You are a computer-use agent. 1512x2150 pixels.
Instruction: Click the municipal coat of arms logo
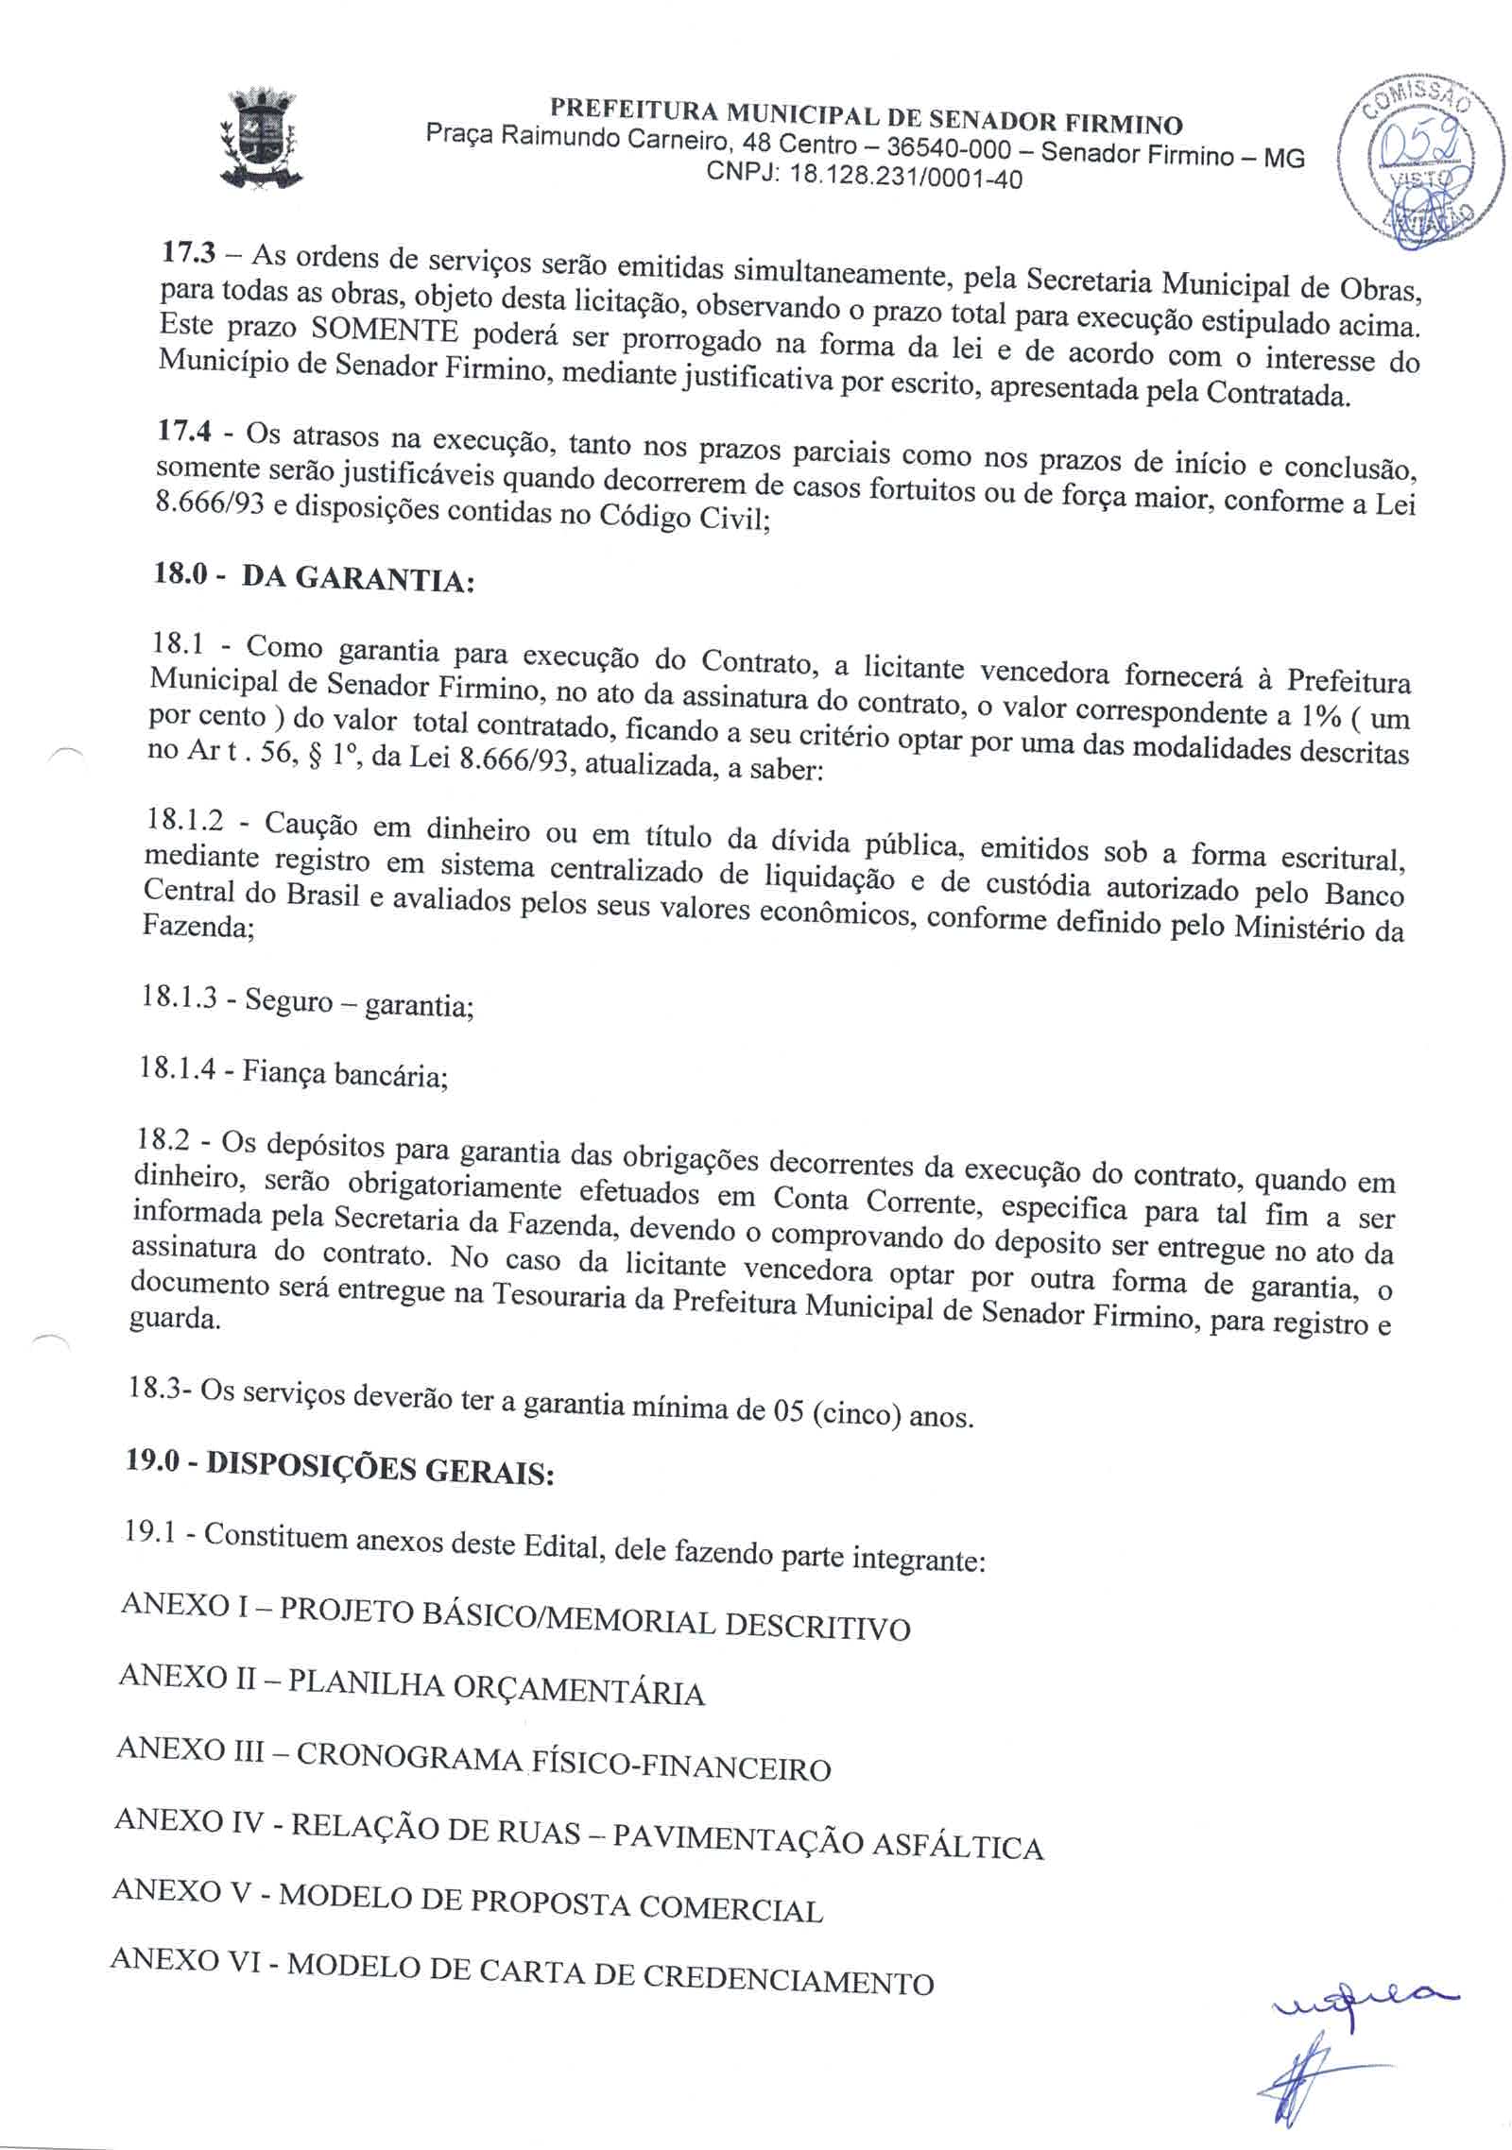coord(258,139)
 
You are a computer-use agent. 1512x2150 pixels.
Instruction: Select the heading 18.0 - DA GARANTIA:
coord(312,576)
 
